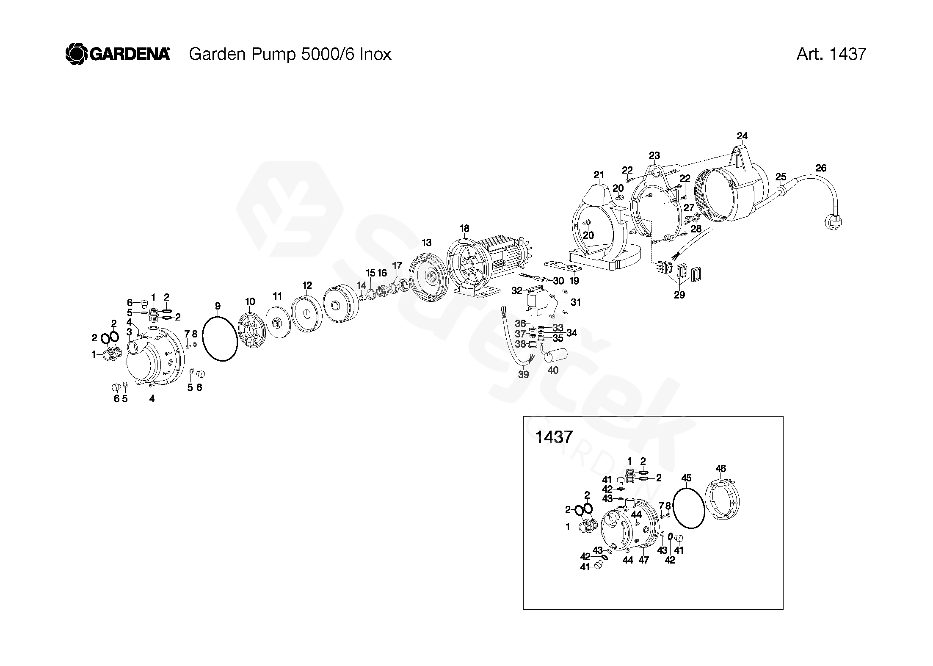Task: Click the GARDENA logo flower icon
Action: (77, 55)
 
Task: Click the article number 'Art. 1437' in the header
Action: (831, 54)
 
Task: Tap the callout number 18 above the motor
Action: (464, 229)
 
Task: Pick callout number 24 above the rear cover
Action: (742, 136)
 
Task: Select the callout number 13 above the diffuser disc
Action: (427, 243)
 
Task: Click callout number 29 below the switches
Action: (679, 295)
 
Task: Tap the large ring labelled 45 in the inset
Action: (688, 508)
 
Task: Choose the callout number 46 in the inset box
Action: (720, 469)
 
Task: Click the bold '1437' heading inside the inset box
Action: (554, 437)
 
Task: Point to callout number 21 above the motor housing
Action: (599, 175)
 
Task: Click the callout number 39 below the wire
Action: (524, 375)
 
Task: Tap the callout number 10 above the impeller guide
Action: (250, 302)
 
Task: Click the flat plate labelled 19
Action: (561, 266)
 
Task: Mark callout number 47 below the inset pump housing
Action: (643, 560)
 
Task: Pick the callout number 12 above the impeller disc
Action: (307, 285)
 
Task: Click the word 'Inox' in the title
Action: (375, 54)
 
